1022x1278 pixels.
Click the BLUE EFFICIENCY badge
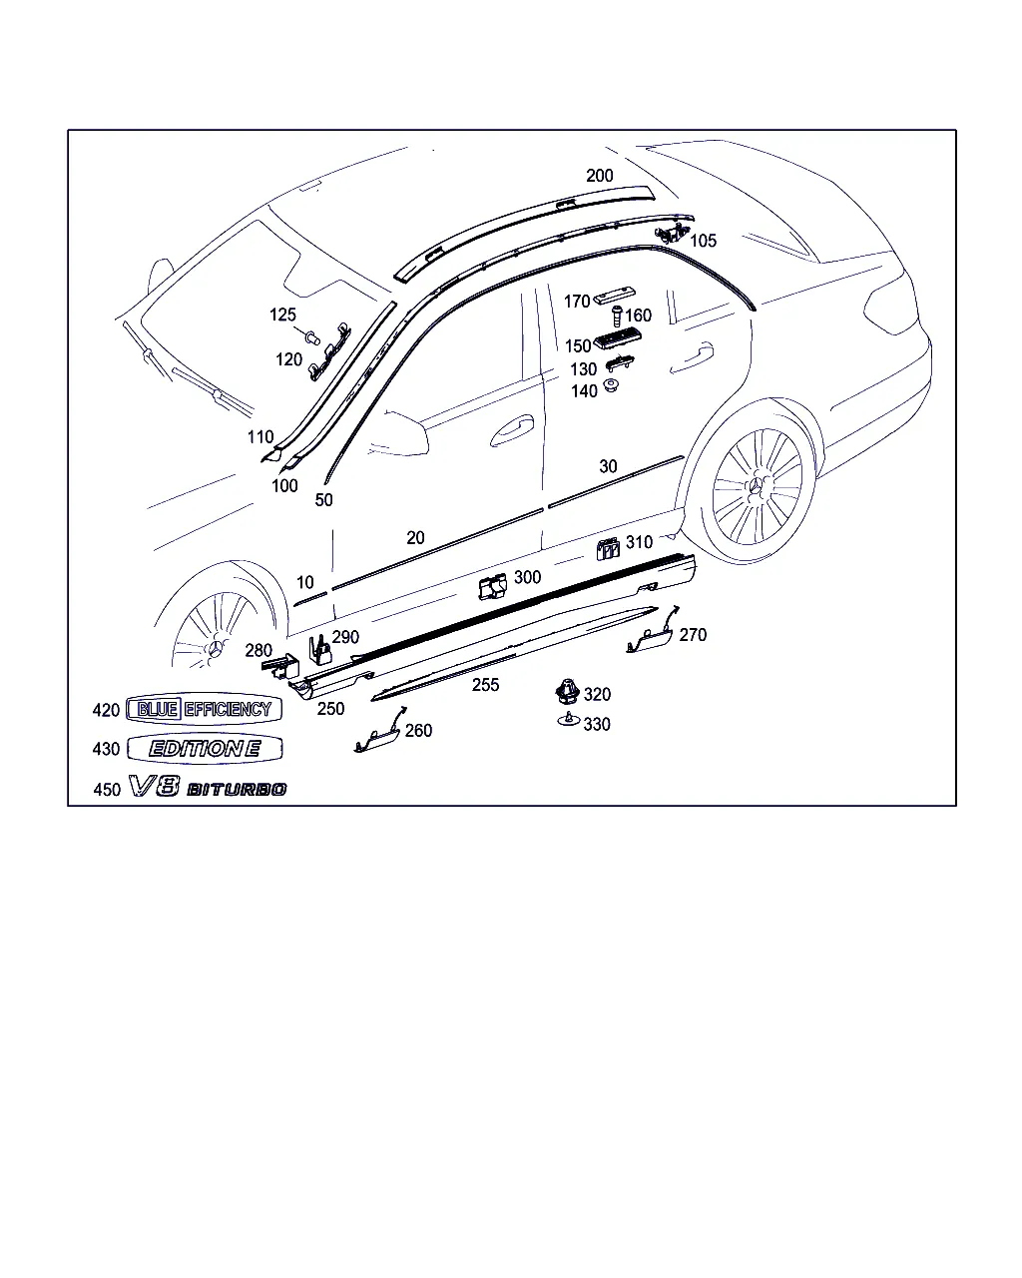pos(205,709)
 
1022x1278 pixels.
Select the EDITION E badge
pos(205,748)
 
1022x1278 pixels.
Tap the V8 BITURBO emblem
pos(208,788)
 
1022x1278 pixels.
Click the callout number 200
pos(599,175)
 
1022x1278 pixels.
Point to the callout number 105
pos(703,241)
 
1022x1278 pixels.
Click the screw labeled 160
pos(617,316)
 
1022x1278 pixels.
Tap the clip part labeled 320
pos(568,691)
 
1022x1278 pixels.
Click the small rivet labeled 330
pos(568,720)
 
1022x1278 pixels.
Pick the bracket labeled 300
pos(493,587)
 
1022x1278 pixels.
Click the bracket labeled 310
pos(608,548)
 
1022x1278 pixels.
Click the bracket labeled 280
pos(280,666)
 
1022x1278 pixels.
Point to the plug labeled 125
pos(312,337)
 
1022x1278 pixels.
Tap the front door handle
pos(512,430)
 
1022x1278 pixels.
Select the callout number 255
pos(485,685)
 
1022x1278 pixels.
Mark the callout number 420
pos(106,710)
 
